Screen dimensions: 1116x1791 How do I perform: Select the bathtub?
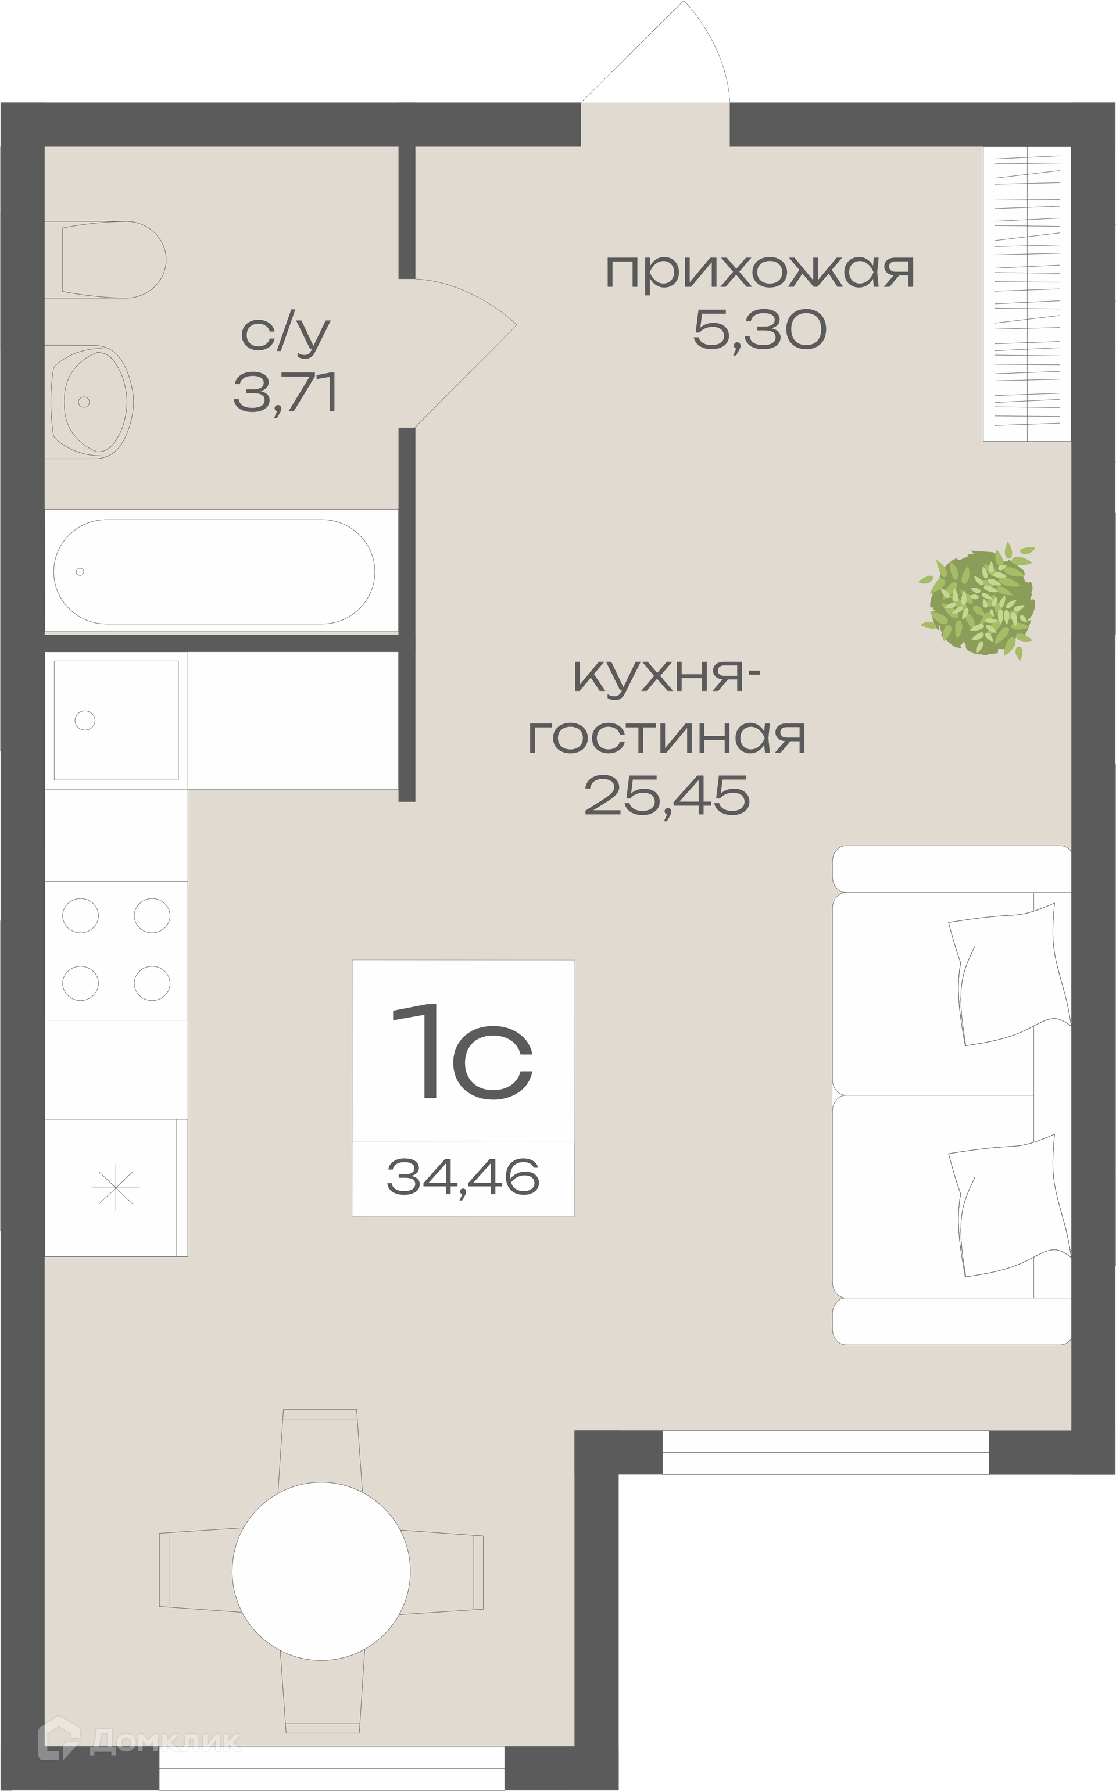tap(214, 572)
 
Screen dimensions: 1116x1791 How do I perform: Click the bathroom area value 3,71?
tap(285, 393)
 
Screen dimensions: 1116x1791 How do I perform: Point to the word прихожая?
tap(760, 271)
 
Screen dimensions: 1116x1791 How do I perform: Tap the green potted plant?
tap(979, 602)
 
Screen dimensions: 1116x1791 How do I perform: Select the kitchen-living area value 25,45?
tap(667, 796)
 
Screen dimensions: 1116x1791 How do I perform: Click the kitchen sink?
tap(116, 720)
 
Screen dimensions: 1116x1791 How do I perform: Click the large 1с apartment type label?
tap(462, 1052)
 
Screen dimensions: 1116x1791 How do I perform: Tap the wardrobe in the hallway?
tap(1026, 293)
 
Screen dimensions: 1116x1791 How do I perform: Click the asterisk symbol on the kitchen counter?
tap(115, 1188)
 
